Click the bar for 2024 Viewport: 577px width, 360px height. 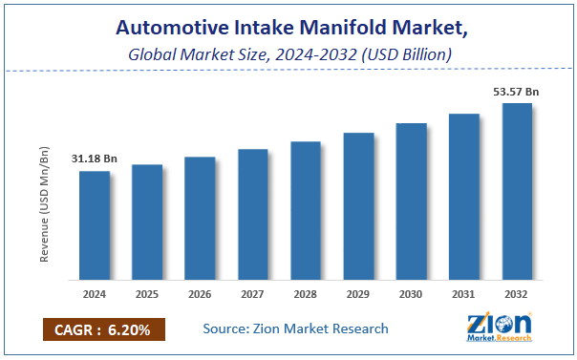[x=95, y=226]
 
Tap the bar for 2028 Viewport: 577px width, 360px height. [x=306, y=211]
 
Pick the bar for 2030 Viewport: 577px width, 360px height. [x=411, y=202]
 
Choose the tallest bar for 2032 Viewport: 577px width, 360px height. [x=517, y=192]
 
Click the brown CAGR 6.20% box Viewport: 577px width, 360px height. [x=104, y=328]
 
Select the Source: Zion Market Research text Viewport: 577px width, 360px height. [x=295, y=328]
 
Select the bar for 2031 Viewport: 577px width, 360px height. [x=464, y=198]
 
